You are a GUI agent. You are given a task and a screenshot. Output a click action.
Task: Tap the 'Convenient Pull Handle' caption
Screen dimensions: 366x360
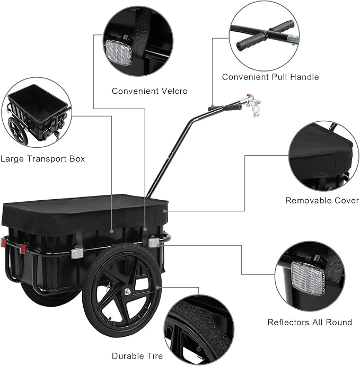(x=270, y=77)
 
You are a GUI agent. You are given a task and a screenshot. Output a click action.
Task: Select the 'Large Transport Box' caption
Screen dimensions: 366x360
(x=42, y=158)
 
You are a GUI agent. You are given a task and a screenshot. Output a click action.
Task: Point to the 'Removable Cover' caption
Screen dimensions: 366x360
(x=322, y=200)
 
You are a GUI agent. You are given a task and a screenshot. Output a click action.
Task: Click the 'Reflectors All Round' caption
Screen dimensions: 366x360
(x=310, y=322)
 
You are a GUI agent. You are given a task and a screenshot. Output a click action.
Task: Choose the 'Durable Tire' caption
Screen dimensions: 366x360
(x=137, y=356)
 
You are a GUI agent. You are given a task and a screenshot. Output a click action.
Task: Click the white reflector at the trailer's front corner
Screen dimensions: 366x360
(x=154, y=242)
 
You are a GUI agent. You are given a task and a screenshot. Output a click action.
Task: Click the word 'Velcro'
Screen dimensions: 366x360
(x=161, y=91)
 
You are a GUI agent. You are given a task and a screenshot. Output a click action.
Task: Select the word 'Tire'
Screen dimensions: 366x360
(x=154, y=356)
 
